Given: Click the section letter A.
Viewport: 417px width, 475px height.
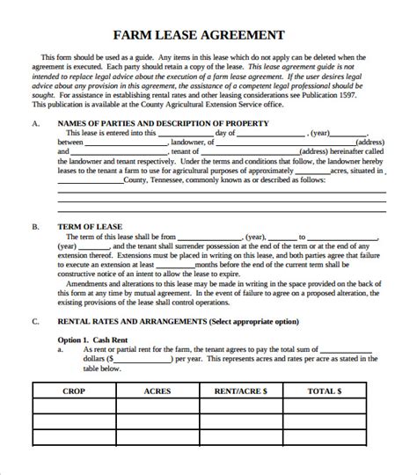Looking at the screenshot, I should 34,123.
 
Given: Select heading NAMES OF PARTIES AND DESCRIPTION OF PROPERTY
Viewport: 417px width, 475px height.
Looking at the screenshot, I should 164,123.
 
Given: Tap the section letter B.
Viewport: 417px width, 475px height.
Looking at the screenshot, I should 34,226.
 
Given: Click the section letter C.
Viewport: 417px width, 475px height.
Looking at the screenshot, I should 34,322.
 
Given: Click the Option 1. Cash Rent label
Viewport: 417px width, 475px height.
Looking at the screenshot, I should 99,340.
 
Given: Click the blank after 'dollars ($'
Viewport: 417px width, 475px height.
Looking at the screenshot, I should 142,359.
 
